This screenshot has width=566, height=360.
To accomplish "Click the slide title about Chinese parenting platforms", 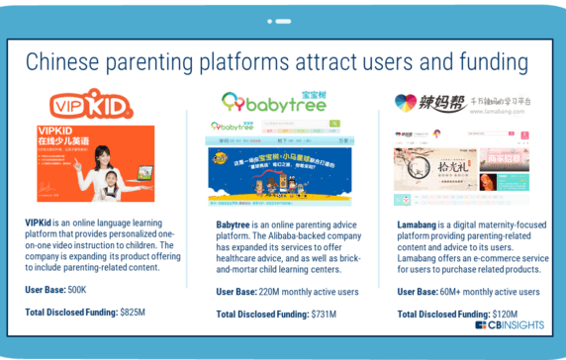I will pos(282,62).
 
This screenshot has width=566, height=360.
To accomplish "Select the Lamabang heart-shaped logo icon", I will pos(407,102).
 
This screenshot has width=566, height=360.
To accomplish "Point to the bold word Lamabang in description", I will pos(418,225).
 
